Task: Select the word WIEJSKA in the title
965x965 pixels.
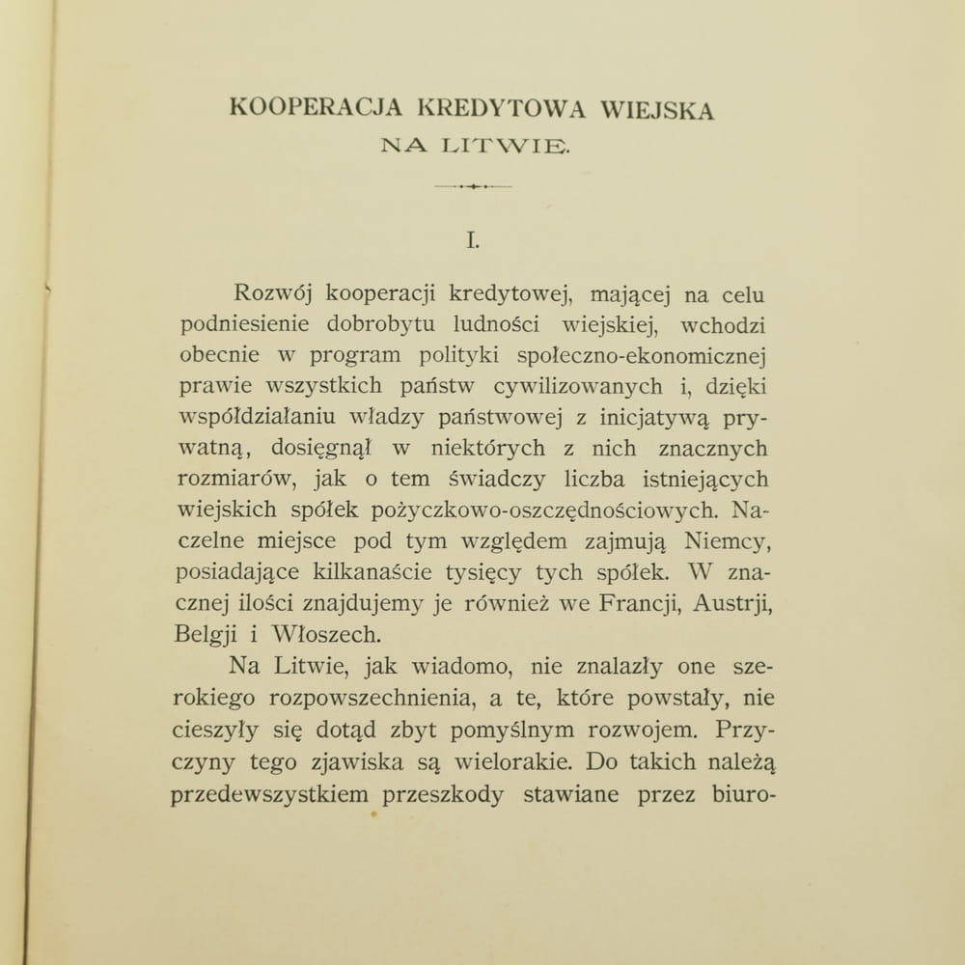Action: click(x=657, y=109)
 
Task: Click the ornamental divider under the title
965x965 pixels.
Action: click(x=473, y=185)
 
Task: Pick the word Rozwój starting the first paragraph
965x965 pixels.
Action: click(x=273, y=294)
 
